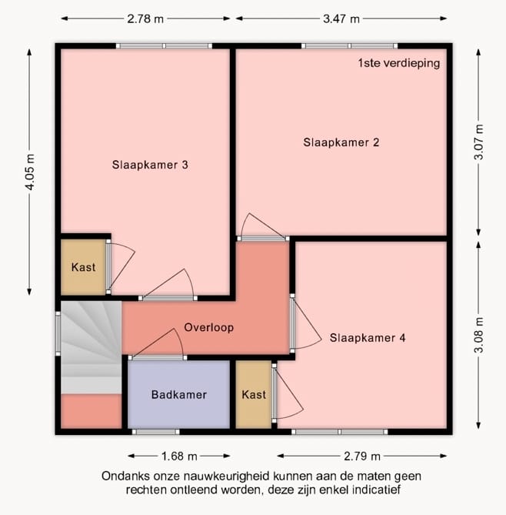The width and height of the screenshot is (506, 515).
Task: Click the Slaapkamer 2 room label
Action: point(341,142)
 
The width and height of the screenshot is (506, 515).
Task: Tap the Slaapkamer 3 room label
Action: point(150,165)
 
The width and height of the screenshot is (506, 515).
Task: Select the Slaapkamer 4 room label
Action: point(368,338)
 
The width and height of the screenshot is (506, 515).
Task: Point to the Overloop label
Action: point(209,327)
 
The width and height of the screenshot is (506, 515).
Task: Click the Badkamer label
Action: point(179,394)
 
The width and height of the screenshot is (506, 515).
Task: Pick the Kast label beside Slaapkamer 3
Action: point(83,267)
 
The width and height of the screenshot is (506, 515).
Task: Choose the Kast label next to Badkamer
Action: point(254,394)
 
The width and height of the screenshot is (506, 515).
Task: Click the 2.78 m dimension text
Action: point(145,18)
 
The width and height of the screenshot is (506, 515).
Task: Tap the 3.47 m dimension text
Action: point(341,18)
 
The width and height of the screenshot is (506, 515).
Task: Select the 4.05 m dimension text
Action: point(30,172)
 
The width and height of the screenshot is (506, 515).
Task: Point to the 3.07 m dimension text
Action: point(479,142)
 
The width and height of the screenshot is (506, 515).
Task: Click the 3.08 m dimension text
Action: point(479,335)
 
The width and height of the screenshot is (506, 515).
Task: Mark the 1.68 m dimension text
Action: point(179,456)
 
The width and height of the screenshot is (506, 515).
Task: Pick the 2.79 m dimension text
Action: point(362,456)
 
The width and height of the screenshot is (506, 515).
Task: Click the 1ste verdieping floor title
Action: point(398,62)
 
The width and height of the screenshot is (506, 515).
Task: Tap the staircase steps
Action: point(92,347)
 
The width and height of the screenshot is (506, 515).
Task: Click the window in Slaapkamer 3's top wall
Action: point(164,46)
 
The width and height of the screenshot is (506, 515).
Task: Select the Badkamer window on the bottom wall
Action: point(156,432)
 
